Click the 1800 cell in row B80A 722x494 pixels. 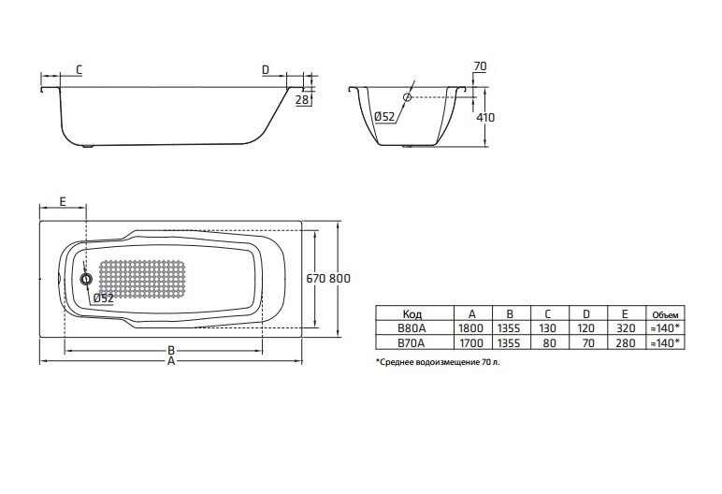click(x=470, y=328)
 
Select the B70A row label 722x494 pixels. click(x=412, y=342)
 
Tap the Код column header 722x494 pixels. click(x=412, y=313)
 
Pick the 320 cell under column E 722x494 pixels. click(x=626, y=328)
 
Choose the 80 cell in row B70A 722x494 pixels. click(x=549, y=342)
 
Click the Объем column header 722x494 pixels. click(x=665, y=315)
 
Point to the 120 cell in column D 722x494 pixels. click(x=585, y=328)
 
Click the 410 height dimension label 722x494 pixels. click(x=485, y=118)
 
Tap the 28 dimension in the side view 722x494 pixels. click(x=301, y=99)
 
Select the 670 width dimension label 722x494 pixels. click(x=316, y=278)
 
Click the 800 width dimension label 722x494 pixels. click(x=339, y=278)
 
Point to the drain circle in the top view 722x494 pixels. click(x=86, y=278)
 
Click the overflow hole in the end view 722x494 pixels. click(x=407, y=97)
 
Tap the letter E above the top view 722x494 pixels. click(x=63, y=201)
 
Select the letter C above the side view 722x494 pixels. click(x=79, y=70)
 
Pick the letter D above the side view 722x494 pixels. click(x=266, y=70)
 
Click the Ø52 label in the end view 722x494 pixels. click(x=385, y=117)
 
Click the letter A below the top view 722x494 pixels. click(x=171, y=361)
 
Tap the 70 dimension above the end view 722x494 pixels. click(x=480, y=66)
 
